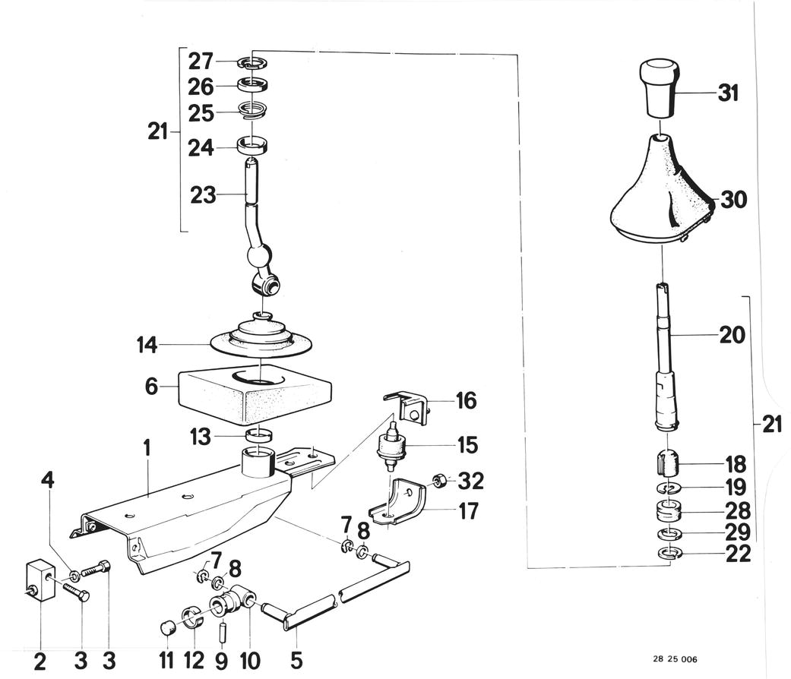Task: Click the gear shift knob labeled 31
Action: click(x=659, y=88)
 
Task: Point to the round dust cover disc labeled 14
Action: click(x=261, y=336)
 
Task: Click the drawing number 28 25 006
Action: click(x=675, y=658)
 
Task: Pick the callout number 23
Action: click(x=203, y=195)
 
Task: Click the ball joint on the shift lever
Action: click(x=259, y=255)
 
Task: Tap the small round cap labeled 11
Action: click(x=167, y=628)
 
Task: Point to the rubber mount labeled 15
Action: click(x=392, y=446)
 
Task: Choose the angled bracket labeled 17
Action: click(x=397, y=504)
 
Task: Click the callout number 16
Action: click(x=466, y=401)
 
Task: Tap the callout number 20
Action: click(x=732, y=335)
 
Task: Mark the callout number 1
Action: click(x=147, y=448)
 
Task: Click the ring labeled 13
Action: click(x=258, y=434)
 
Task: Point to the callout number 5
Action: click(x=296, y=660)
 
